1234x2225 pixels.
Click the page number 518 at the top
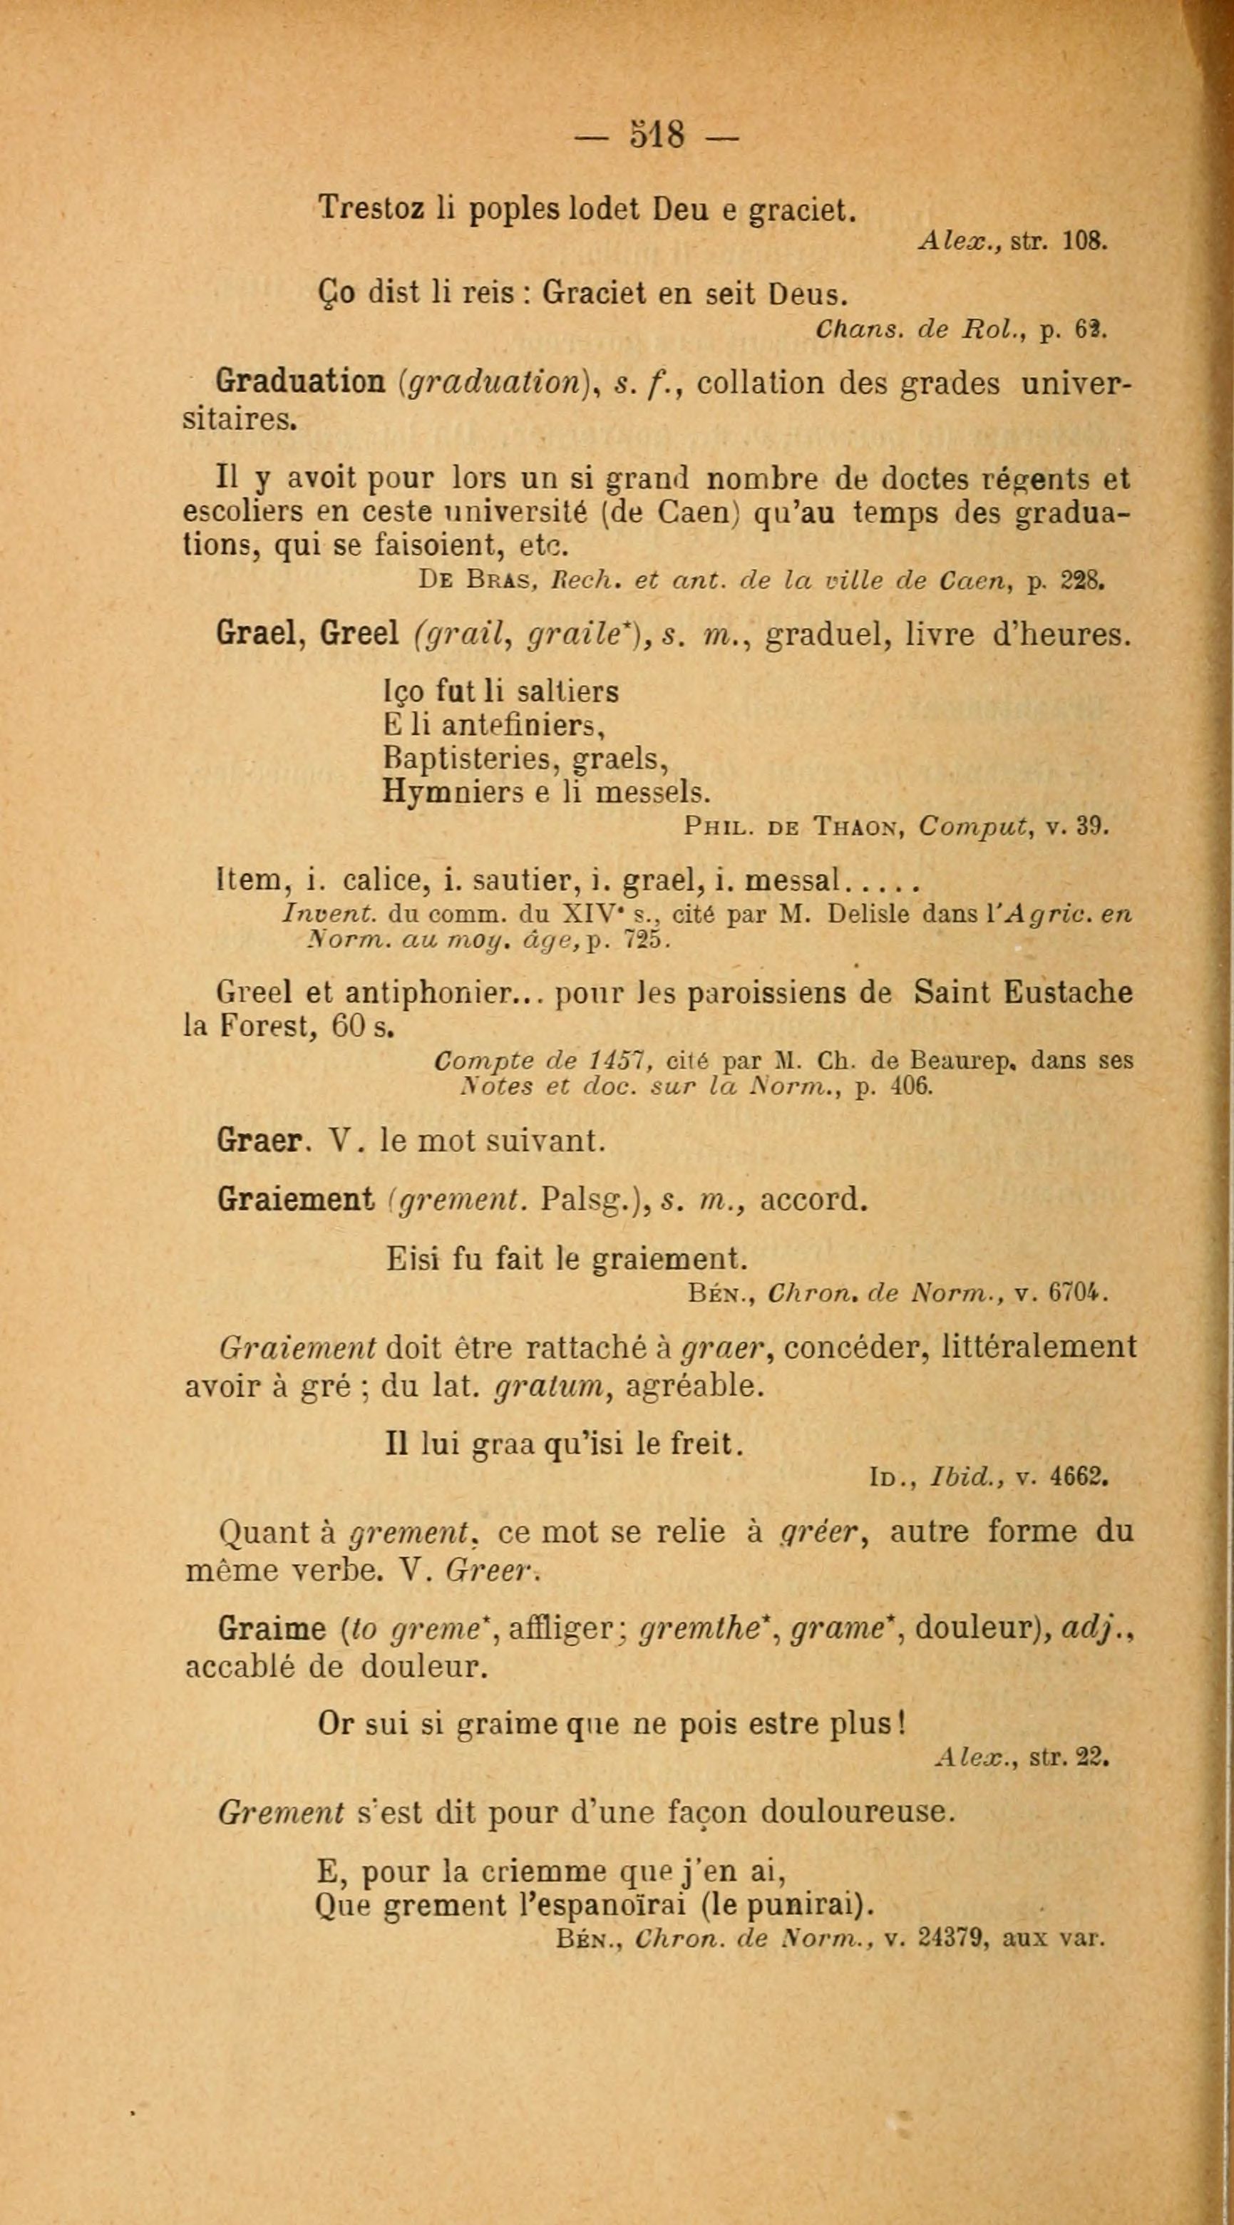657,135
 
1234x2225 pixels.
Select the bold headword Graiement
295,1199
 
